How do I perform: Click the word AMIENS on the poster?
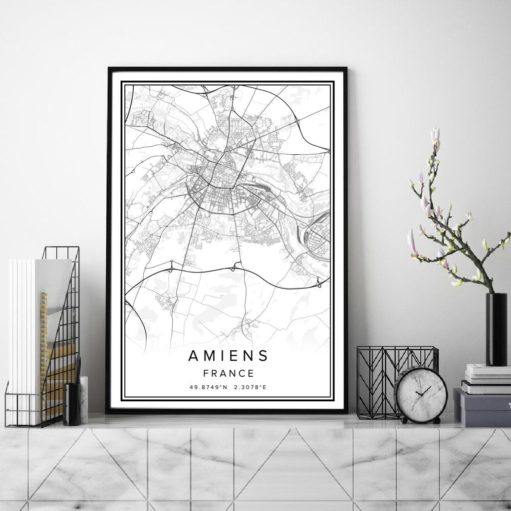(228, 356)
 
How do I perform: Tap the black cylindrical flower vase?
(496, 329)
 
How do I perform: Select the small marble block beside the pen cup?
(83, 399)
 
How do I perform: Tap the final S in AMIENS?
(263, 356)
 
